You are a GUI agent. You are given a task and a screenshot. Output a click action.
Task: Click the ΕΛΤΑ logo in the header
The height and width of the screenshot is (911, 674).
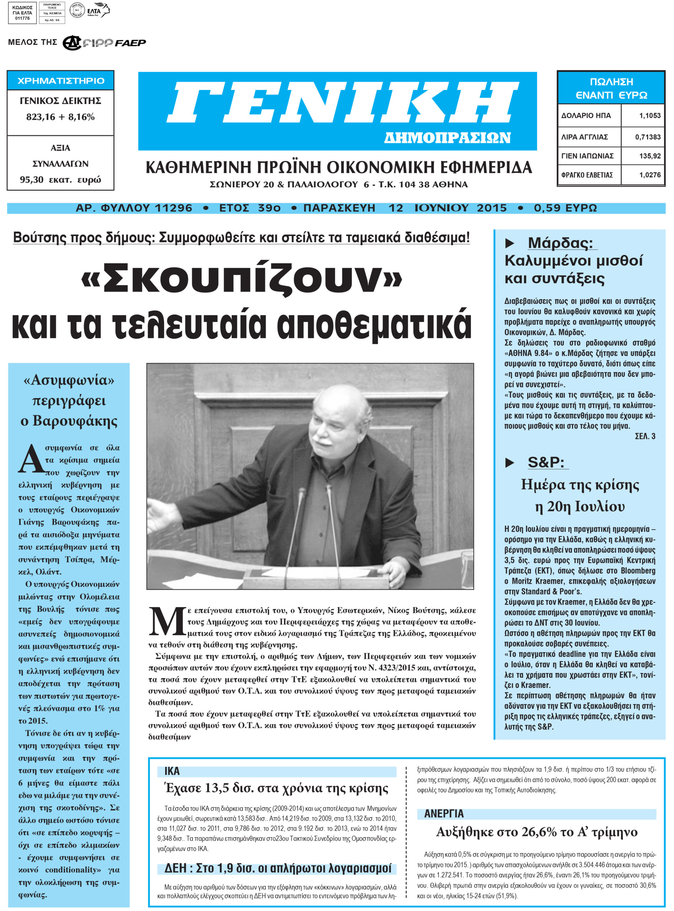tap(98, 11)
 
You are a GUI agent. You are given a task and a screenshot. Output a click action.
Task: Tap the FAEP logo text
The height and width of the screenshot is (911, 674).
tap(130, 43)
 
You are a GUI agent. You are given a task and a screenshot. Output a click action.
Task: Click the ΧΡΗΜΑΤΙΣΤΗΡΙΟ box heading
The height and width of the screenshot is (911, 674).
tap(61, 81)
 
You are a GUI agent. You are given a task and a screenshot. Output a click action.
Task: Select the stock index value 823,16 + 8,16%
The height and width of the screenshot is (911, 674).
tap(60, 117)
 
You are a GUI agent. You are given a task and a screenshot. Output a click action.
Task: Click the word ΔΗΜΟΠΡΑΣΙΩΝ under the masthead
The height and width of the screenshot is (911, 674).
tap(447, 138)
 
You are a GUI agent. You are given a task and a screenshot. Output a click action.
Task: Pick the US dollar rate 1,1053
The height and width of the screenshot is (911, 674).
tap(649, 116)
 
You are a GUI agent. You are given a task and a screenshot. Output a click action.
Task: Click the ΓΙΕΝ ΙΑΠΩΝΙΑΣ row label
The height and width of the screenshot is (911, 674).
tap(587, 156)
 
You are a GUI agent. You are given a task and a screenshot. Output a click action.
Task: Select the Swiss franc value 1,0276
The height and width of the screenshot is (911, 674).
tap(649, 175)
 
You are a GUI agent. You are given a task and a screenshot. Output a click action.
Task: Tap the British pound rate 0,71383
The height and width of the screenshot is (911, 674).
tap(647, 137)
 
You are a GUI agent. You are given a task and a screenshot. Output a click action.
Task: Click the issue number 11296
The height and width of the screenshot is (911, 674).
tap(174, 208)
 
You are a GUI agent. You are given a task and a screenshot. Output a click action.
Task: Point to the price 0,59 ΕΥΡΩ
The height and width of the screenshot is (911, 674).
tap(565, 208)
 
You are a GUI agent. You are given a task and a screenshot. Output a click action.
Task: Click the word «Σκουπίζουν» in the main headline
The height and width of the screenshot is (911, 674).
tap(242, 279)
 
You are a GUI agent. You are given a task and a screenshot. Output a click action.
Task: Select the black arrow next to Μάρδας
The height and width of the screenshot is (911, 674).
tap(510, 243)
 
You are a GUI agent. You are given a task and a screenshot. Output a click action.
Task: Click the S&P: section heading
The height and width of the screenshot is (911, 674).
tap(546, 462)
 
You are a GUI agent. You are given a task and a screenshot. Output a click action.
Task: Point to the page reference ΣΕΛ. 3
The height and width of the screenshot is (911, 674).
tap(644, 436)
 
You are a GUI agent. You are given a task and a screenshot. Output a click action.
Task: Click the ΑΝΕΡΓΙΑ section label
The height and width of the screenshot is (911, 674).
tap(444, 813)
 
